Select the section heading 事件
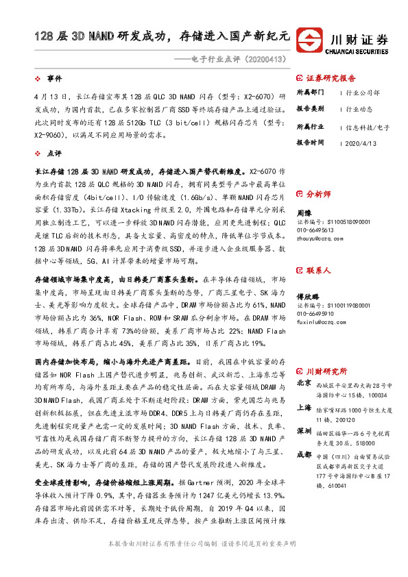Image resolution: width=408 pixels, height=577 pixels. pos(54,79)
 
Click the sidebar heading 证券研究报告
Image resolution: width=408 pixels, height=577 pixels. pos(331,78)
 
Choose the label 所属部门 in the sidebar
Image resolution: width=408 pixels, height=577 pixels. pos(311,92)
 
